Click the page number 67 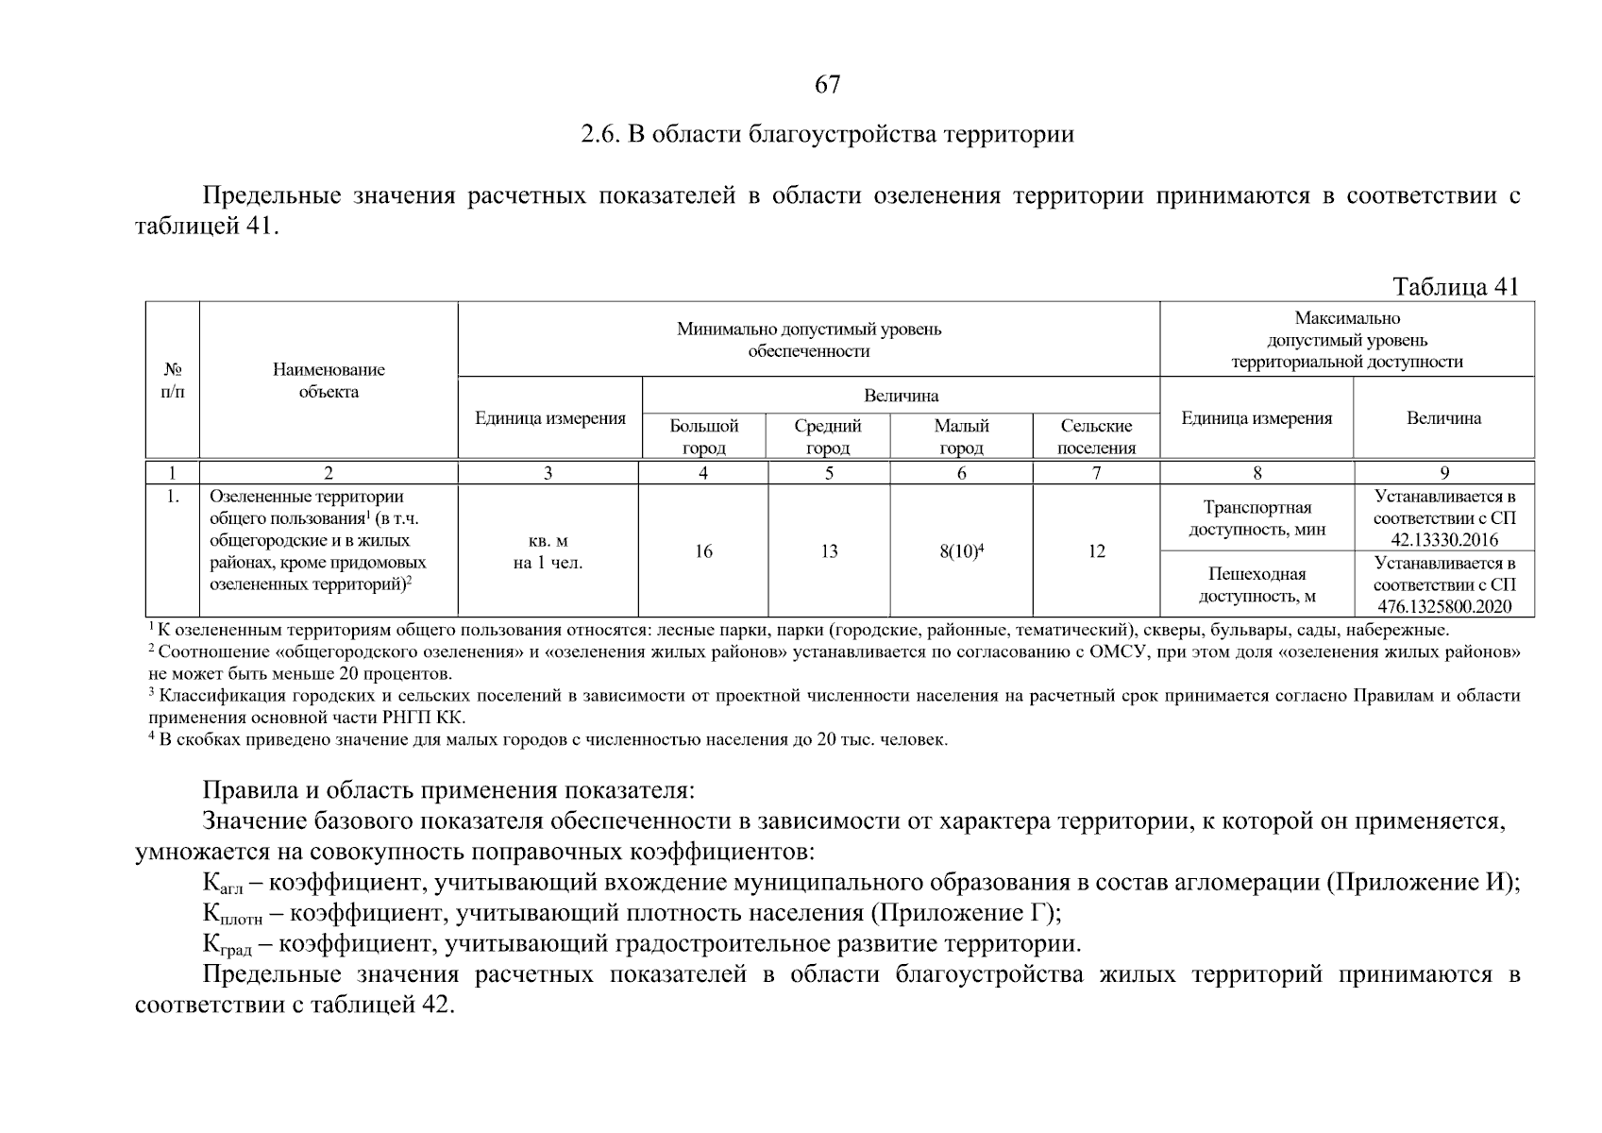[x=827, y=85]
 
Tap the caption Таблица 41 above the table [x=1455, y=287]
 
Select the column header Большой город [x=703, y=436]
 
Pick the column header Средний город [x=828, y=436]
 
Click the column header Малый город [x=961, y=436]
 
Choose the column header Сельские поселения [x=1096, y=436]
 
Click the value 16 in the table [x=703, y=551]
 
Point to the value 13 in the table [x=828, y=551]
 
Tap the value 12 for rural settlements [x=1096, y=551]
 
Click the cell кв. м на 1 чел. [x=548, y=552]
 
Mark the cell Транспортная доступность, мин [x=1256, y=518]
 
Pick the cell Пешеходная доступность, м [x=1256, y=584]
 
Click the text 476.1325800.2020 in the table [x=1444, y=607]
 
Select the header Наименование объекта [x=329, y=380]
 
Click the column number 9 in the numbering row [x=1444, y=473]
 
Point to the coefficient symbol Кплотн [x=232, y=914]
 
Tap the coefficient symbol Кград [x=227, y=945]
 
